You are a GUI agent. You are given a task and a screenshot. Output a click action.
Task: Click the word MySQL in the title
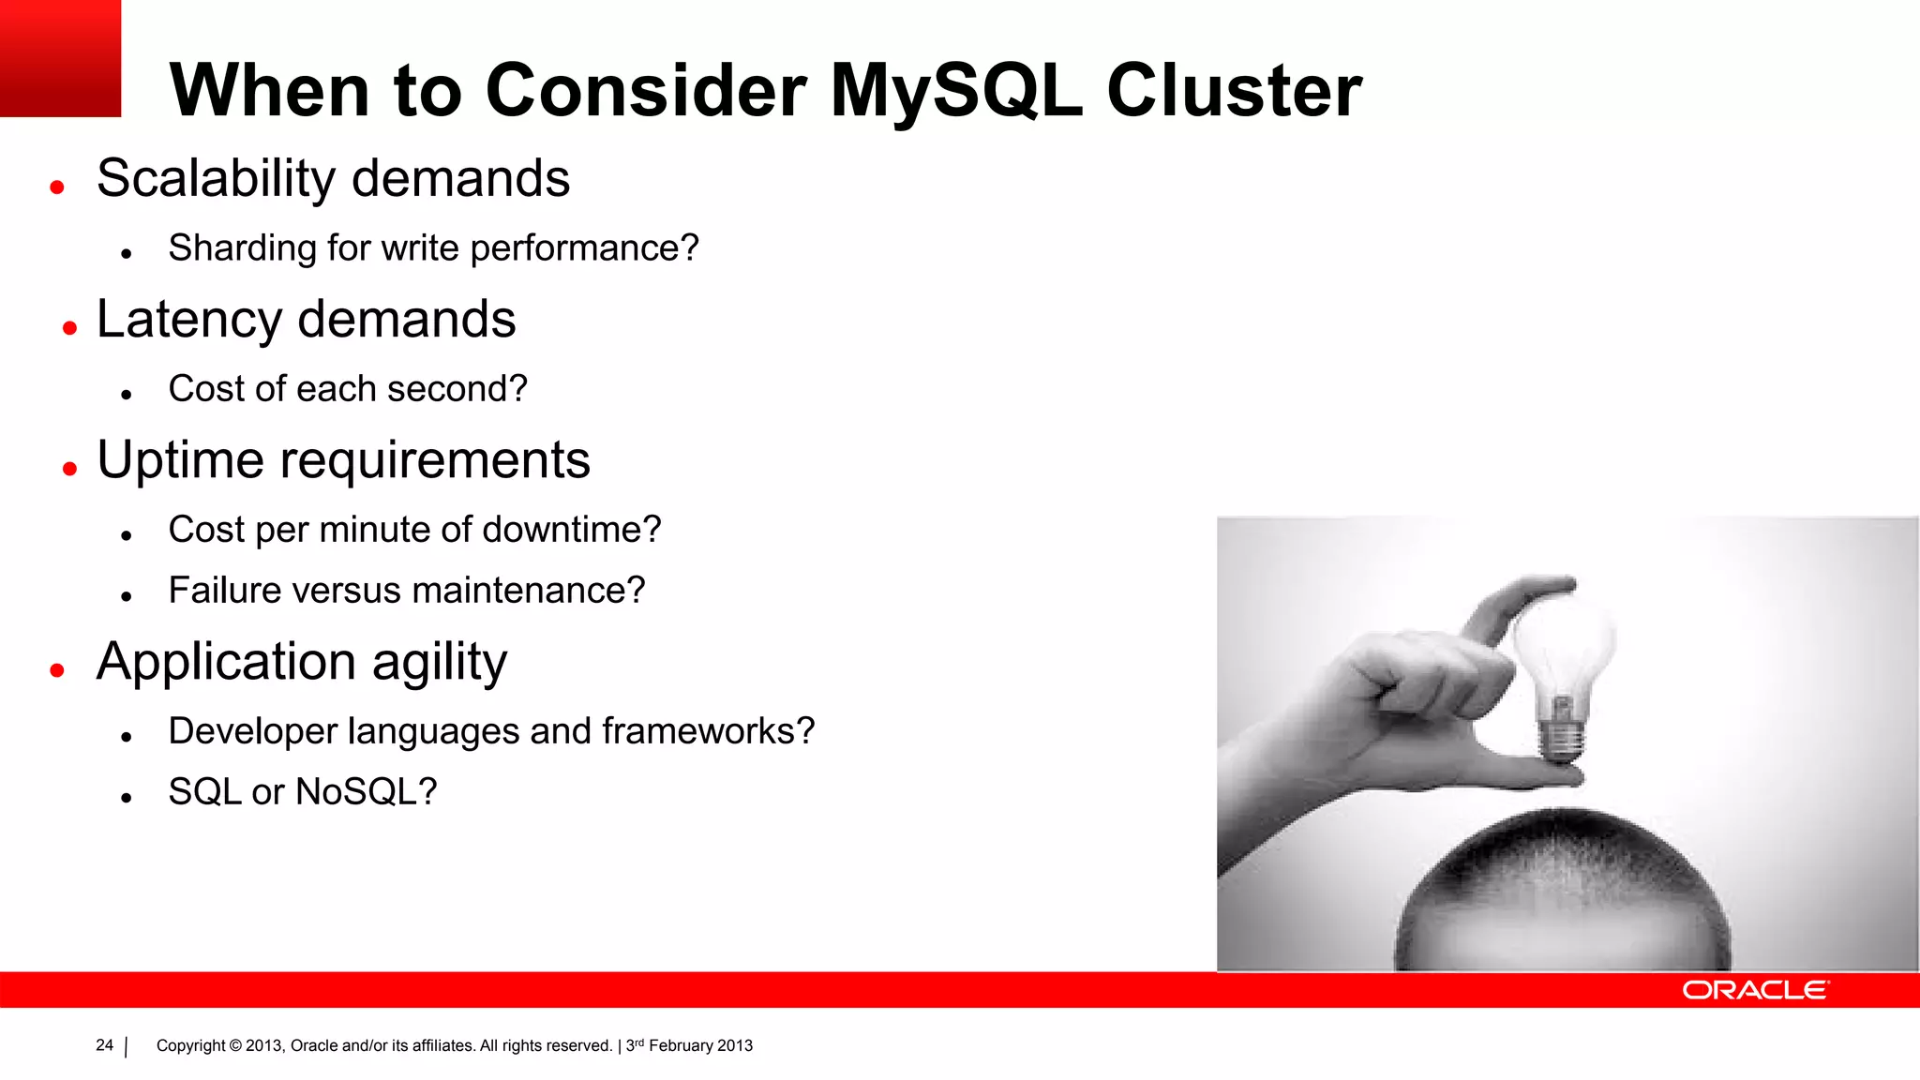point(956,92)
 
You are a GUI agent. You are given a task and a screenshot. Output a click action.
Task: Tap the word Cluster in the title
point(1234,92)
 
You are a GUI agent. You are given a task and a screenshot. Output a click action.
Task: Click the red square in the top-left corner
point(60,58)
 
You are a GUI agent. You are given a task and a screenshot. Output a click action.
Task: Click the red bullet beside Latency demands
point(69,328)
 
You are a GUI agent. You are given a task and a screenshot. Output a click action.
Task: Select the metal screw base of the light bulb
point(1561,731)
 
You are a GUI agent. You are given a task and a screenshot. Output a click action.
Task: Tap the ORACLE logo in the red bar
point(1755,990)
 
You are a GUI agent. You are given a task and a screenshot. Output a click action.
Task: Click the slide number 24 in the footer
point(104,1045)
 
